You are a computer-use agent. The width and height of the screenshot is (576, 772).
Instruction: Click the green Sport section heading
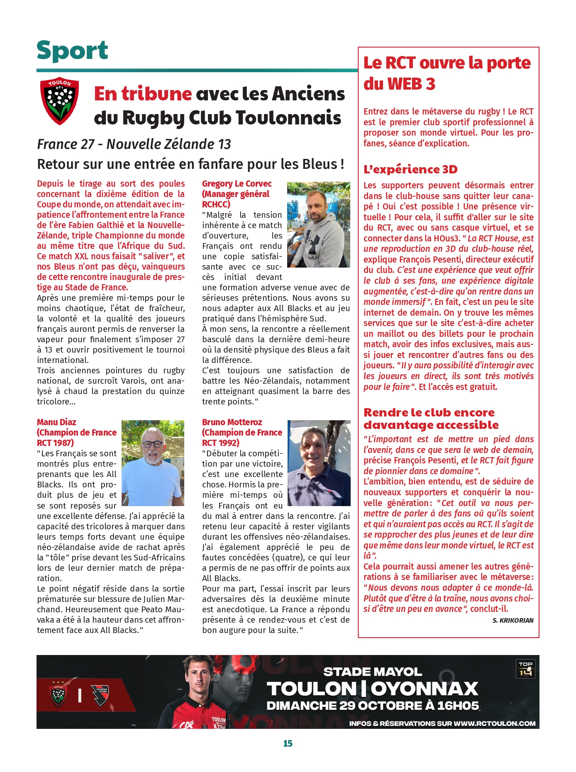(72, 51)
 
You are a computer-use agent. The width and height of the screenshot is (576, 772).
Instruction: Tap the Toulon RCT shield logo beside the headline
(59, 101)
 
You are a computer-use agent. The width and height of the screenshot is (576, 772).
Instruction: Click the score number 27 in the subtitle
(88, 144)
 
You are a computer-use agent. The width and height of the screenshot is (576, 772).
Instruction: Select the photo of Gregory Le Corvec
(318, 224)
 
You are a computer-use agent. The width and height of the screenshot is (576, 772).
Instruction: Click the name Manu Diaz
(56, 422)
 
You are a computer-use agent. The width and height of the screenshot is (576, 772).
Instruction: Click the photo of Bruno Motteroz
(319, 463)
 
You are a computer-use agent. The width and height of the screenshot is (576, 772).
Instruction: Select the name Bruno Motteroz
(232, 422)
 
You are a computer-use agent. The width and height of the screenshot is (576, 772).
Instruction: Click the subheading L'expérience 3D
(410, 169)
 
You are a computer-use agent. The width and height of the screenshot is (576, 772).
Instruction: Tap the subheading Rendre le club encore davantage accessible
(431, 419)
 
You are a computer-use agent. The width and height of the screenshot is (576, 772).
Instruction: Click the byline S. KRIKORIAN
(513, 621)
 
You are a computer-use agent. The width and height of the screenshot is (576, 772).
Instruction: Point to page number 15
(288, 743)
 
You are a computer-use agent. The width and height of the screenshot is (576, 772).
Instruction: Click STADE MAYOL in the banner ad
(372, 672)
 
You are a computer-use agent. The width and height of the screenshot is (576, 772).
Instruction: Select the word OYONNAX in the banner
(425, 689)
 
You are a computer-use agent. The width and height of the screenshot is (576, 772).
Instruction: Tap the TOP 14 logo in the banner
(525, 669)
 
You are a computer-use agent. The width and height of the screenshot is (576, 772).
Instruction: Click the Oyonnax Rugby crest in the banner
(100, 695)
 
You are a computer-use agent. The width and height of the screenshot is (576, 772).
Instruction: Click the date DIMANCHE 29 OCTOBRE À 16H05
(372, 706)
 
